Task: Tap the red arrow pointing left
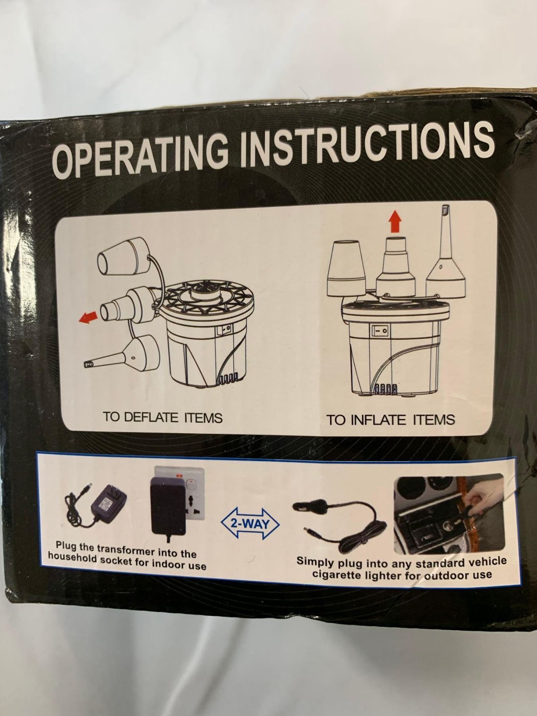(88, 317)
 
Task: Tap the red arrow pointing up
(395, 221)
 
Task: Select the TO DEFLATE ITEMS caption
(162, 417)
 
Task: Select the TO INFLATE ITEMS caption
(390, 420)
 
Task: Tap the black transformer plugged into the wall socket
(169, 505)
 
